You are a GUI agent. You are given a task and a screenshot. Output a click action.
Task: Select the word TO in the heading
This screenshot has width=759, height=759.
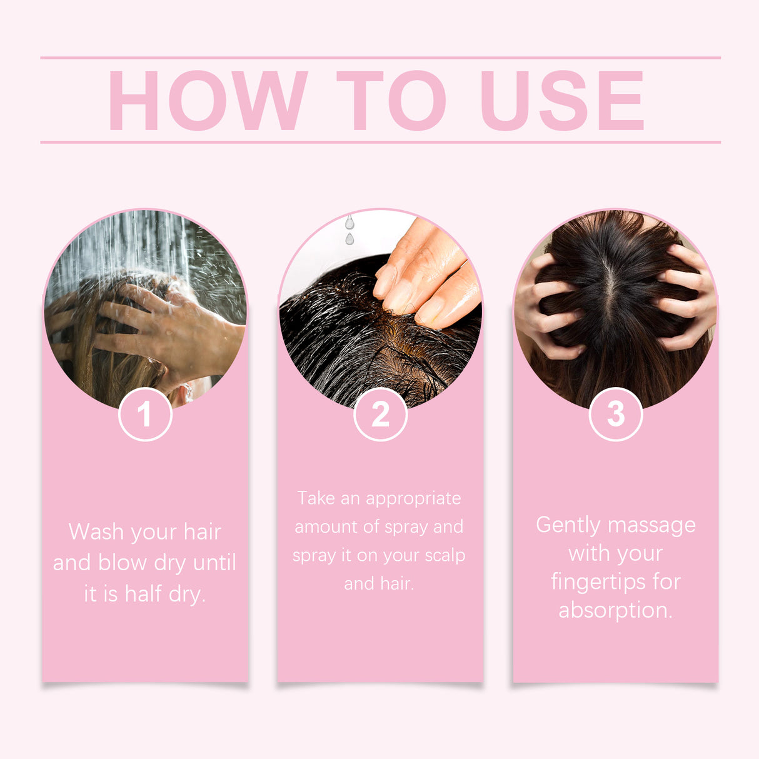[391, 101]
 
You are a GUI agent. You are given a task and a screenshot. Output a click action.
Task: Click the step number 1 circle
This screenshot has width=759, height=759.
[145, 414]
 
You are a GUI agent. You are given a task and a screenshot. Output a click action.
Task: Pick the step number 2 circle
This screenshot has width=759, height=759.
[380, 414]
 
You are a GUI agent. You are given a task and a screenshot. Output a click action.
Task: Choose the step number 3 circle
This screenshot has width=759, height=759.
[616, 414]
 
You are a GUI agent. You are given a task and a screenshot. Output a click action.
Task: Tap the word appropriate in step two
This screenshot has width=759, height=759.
[413, 499]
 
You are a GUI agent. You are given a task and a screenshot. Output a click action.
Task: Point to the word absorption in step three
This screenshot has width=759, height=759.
[615, 610]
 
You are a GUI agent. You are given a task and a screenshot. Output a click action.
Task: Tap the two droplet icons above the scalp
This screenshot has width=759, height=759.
[349, 229]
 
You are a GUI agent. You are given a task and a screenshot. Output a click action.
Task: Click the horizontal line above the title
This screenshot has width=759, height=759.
[380, 58]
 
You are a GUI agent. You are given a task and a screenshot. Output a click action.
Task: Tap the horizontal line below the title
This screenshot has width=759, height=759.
[380, 142]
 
